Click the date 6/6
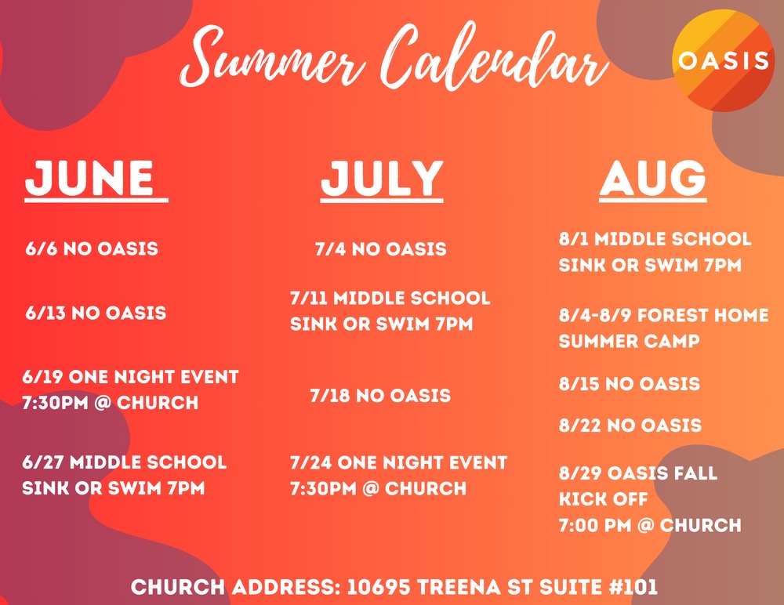click(x=40, y=249)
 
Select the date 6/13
click(x=45, y=313)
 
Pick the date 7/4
click(x=330, y=250)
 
